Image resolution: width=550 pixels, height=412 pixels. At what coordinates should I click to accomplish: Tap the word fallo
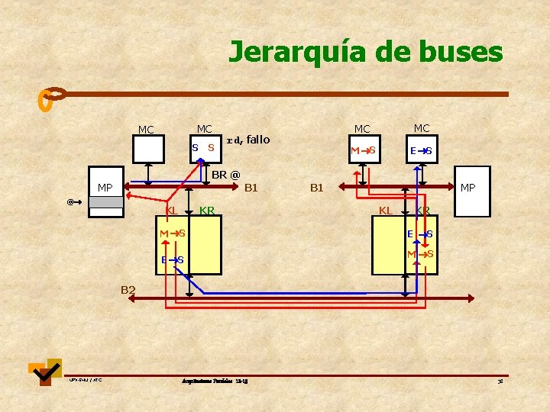point(258,140)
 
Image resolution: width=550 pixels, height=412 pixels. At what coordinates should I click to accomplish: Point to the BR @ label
point(225,175)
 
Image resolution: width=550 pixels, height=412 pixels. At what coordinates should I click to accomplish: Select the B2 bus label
point(128,289)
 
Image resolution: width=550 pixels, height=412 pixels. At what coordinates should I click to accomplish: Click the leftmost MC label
point(146,130)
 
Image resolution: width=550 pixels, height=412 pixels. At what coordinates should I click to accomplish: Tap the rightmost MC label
point(422,128)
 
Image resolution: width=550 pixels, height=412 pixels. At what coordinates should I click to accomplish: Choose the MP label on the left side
point(105,188)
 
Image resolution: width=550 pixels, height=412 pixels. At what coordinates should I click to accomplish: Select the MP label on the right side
point(467,187)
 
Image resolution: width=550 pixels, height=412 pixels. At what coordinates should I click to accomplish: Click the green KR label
point(206,210)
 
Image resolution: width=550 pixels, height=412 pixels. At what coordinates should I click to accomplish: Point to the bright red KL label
point(172,210)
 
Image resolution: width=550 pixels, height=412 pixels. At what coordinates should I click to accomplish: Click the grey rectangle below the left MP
point(105,202)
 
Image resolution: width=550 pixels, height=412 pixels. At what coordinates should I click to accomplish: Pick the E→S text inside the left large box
point(172,261)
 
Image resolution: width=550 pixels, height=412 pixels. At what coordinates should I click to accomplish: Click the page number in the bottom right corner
point(500,381)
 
